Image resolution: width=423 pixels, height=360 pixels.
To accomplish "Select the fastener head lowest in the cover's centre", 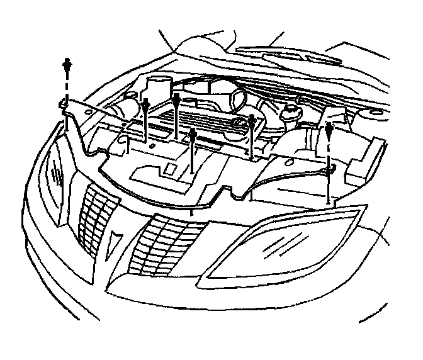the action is pyautogui.click(x=193, y=134).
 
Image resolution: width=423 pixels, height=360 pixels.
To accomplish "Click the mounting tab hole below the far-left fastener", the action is pyautogui.click(x=65, y=104).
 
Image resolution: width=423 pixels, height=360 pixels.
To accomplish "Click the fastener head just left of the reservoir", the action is pyautogui.click(x=252, y=120).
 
